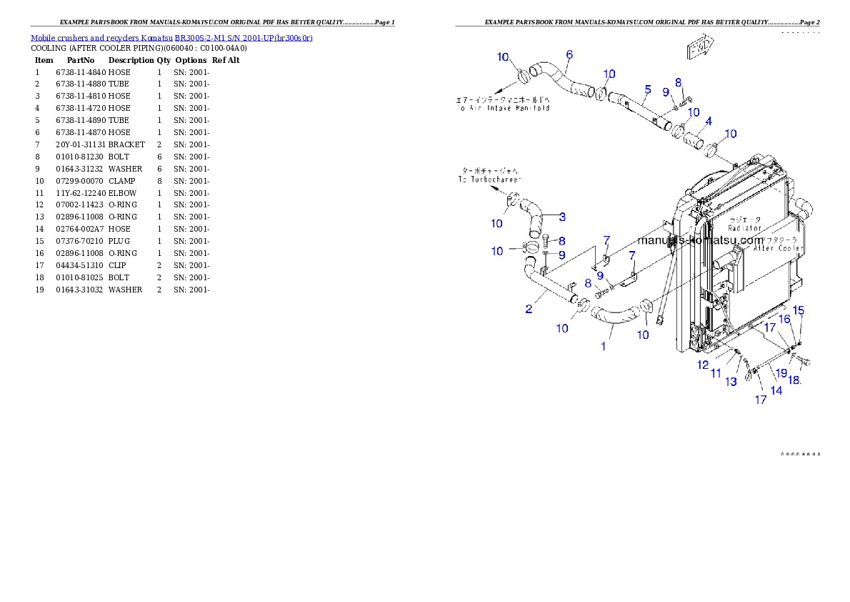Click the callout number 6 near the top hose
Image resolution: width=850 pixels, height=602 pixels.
coord(569,54)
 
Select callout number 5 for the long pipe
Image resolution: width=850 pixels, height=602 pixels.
coord(648,89)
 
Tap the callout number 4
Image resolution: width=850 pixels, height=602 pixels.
coord(708,122)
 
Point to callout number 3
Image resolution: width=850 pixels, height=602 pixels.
coord(562,217)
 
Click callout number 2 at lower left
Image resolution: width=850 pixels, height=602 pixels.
coord(529,310)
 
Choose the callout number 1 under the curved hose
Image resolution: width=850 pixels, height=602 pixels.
coord(604,346)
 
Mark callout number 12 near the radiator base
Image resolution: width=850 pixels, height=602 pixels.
coord(703,365)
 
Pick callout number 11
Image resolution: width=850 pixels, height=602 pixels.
coord(716,373)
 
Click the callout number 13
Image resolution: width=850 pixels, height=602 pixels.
coord(731,383)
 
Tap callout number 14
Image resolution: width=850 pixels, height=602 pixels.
coord(776,390)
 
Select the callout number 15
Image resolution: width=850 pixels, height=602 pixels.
coord(799,310)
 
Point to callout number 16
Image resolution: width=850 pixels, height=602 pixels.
coord(784,319)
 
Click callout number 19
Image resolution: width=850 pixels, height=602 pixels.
coord(781,373)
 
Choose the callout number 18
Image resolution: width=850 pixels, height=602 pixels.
coord(794,380)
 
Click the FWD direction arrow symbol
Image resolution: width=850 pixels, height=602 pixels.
coord(700,49)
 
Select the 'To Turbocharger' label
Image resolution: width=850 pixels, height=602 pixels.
coord(489,180)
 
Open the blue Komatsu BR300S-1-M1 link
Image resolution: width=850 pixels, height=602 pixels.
coord(171,38)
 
